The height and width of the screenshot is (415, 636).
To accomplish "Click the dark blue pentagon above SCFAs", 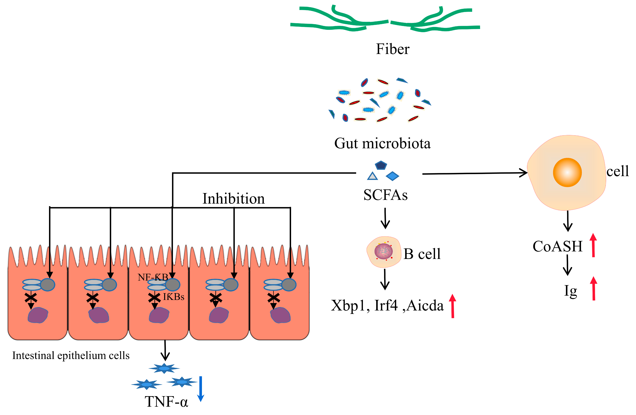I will (x=381, y=165).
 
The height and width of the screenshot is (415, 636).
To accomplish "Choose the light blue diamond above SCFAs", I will (x=392, y=176).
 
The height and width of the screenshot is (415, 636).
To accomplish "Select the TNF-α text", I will (x=166, y=402).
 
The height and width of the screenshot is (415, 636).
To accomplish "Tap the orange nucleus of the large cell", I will (x=567, y=172).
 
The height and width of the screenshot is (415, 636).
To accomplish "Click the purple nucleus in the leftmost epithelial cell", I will (x=38, y=315).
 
